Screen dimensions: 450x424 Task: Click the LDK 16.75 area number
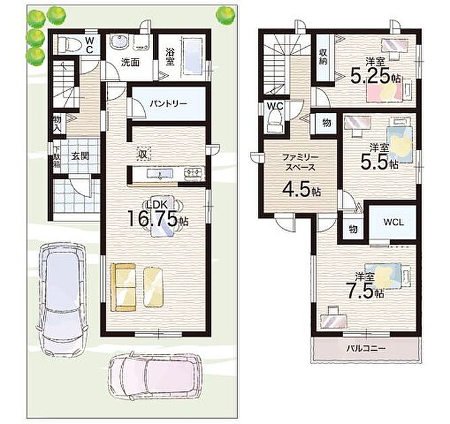tap(152, 219)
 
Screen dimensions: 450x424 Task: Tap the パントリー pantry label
tap(168, 104)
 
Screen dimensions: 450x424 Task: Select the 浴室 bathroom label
tap(170, 57)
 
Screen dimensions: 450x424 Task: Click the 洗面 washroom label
tap(130, 62)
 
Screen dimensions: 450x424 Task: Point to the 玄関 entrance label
tap(79, 156)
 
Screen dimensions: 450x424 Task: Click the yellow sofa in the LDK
tap(123, 287)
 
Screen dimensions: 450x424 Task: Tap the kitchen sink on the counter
tap(160, 174)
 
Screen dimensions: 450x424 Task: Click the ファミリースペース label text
tap(300, 162)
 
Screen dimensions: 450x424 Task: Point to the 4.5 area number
tap(298, 188)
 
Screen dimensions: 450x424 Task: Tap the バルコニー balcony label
tap(366, 349)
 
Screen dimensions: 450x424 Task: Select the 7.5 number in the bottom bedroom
tap(360, 290)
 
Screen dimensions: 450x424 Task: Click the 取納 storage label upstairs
tap(323, 57)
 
